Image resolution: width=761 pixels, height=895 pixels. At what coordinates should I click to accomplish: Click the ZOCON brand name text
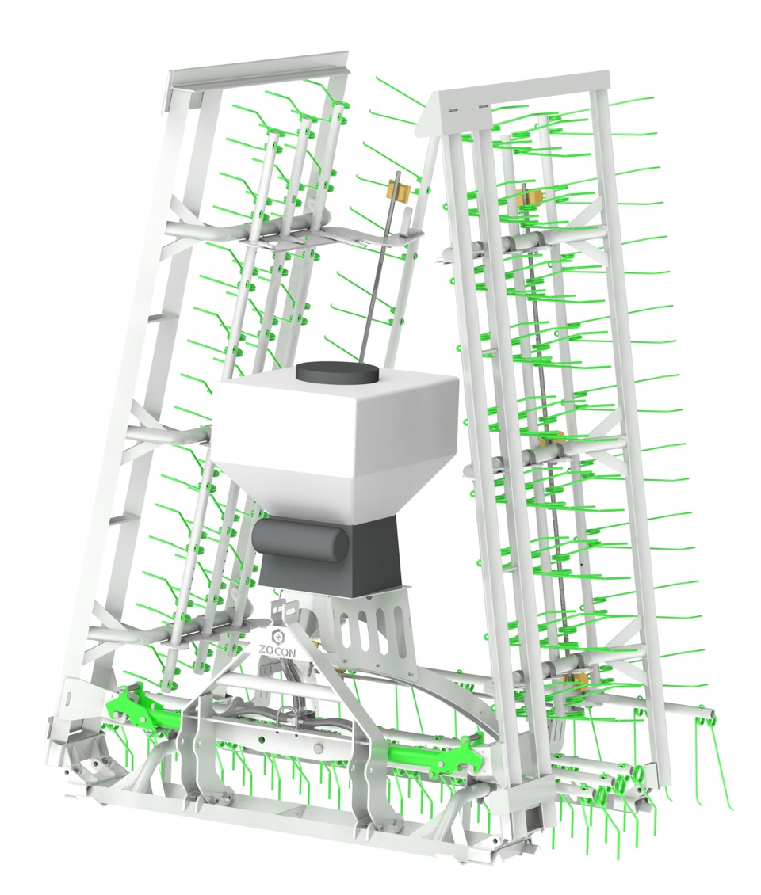pyautogui.click(x=277, y=650)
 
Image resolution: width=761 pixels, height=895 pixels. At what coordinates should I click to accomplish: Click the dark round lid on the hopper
pyautogui.click(x=337, y=374)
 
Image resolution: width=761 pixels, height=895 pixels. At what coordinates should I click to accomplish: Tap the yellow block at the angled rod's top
pyautogui.click(x=399, y=192)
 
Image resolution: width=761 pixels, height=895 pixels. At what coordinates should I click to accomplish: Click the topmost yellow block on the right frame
pyautogui.click(x=528, y=196)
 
